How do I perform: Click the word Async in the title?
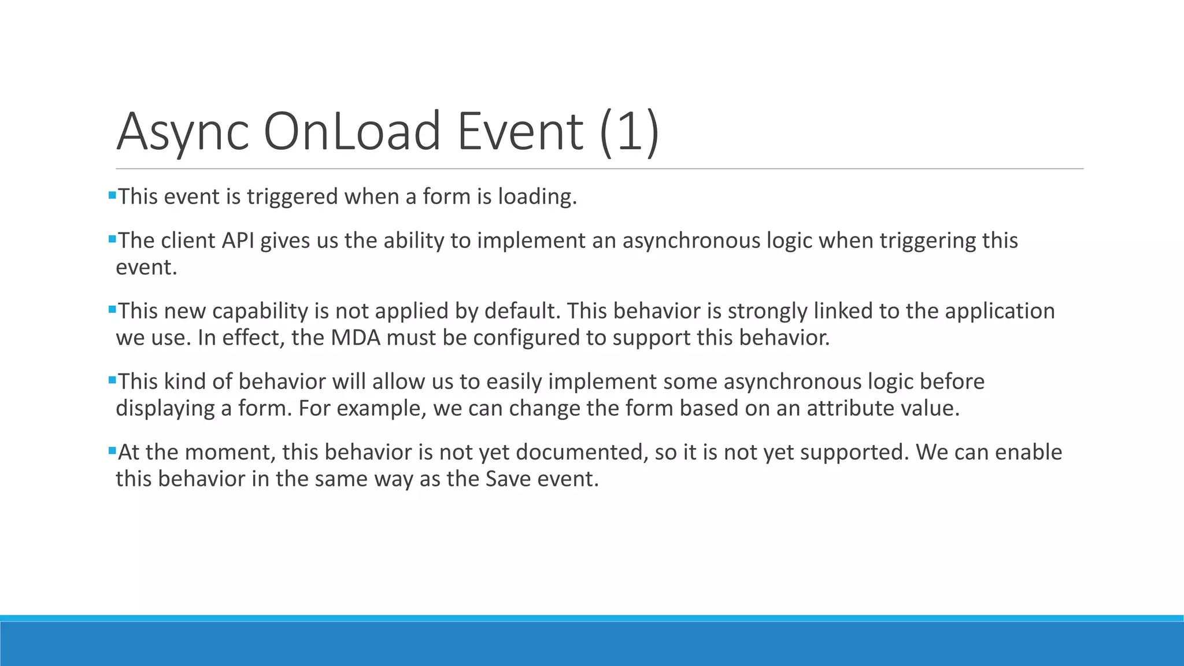[x=183, y=132]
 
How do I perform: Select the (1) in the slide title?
[x=630, y=132]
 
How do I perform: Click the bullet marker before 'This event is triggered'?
[x=112, y=195]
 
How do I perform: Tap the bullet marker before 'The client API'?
[x=112, y=239]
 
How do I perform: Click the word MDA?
[x=355, y=338]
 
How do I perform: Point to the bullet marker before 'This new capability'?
[x=112, y=309]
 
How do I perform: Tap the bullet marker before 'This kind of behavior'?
[x=112, y=380]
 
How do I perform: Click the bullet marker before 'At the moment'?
[x=112, y=450]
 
